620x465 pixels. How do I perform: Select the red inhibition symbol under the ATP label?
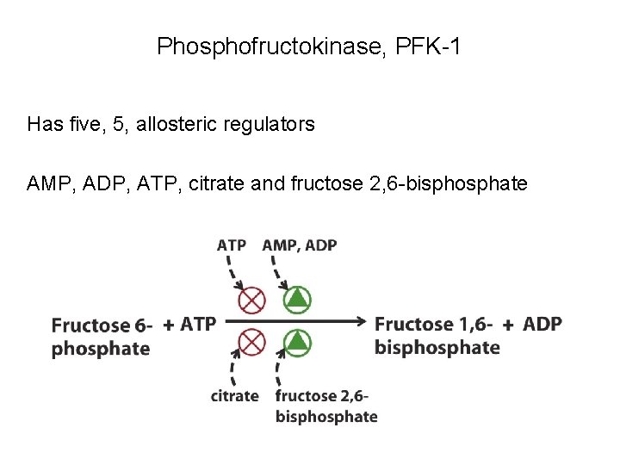click(x=251, y=300)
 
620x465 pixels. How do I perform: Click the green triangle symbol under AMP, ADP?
click(x=296, y=300)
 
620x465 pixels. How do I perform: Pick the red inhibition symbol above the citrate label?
click(x=251, y=343)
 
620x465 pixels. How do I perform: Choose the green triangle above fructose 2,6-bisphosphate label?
click(x=296, y=343)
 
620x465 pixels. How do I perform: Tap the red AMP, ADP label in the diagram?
click(x=300, y=245)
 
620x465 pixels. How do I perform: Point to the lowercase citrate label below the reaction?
click(x=234, y=396)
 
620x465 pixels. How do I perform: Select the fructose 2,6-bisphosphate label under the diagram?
click(x=325, y=406)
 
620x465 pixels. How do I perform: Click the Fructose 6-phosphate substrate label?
click(x=102, y=337)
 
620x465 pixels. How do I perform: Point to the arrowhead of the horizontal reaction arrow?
click(x=363, y=322)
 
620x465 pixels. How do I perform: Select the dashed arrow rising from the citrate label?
click(x=232, y=368)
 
